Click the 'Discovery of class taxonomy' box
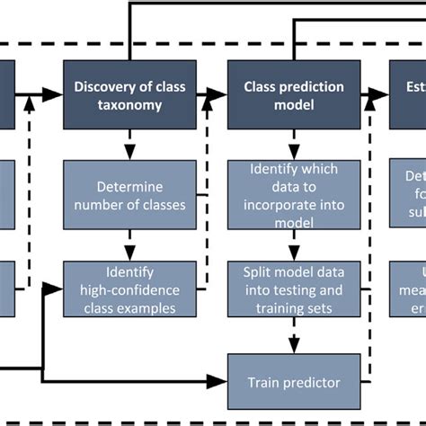[x=129, y=94]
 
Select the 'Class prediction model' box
[x=294, y=94]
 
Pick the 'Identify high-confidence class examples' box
[x=129, y=289]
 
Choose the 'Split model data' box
[x=294, y=289]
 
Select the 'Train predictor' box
[x=294, y=382]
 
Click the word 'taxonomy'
[x=129, y=104]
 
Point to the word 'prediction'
[x=307, y=86]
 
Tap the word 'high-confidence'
[x=129, y=289]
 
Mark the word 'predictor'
[x=313, y=382]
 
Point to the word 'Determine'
[x=129, y=188]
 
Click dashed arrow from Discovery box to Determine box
[x=129, y=143]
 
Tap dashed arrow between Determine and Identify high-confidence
[x=129, y=243]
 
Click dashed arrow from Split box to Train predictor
[x=294, y=336]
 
